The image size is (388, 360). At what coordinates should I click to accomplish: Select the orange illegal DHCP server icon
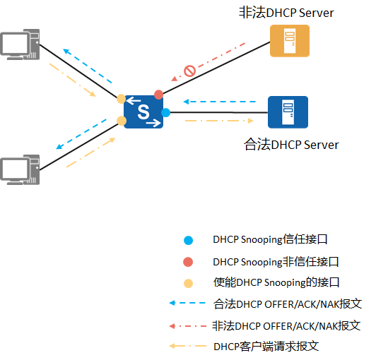click(290, 40)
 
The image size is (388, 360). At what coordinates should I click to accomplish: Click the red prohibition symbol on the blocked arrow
click(189, 71)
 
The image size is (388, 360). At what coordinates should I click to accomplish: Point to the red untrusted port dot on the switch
click(158, 95)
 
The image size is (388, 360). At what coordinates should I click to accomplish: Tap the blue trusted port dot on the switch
click(166, 112)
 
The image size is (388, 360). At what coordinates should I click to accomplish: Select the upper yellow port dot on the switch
click(122, 99)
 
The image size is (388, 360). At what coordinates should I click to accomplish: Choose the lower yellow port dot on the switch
click(122, 121)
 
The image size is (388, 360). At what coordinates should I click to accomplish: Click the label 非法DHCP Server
click(287, 13)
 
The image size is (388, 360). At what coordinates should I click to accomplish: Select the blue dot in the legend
click(188, 240)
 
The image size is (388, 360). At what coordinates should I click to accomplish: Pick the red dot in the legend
click(188, 262)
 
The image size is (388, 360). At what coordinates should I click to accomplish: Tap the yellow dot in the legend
click(188, 283)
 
